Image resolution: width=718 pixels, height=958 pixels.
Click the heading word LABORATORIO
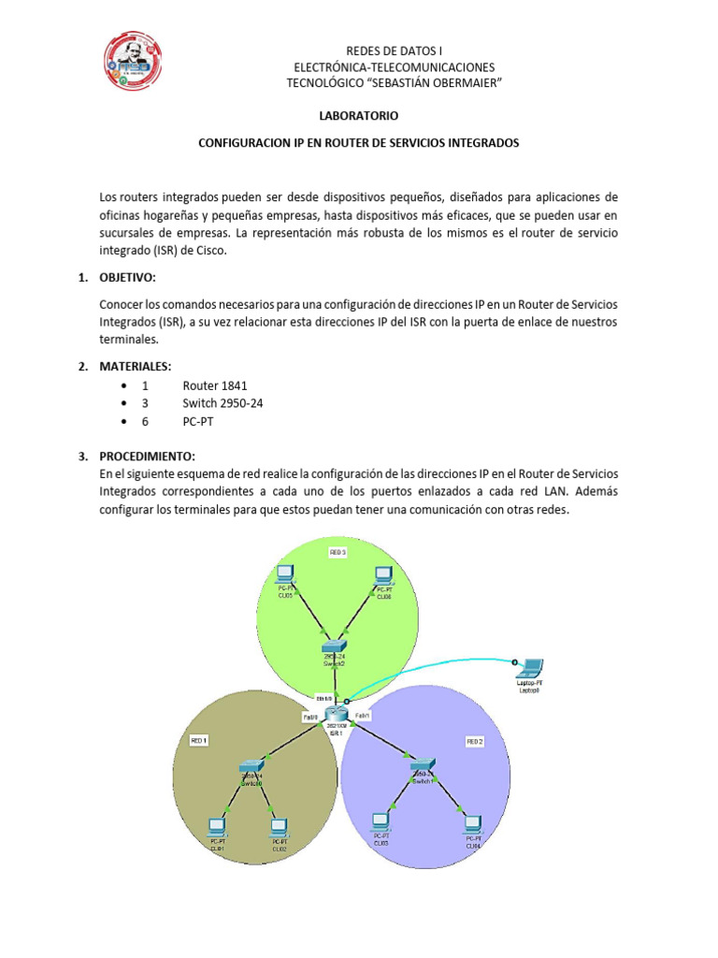click(x=359, y=117)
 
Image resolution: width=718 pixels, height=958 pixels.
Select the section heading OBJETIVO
click(x=128, y=278)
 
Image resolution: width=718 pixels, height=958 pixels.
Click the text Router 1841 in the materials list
click(x=215, y=385)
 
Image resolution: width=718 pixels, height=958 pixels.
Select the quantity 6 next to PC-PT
click(x=145, y=421)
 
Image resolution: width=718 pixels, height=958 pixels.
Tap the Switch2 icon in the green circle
click(x=334, y=646)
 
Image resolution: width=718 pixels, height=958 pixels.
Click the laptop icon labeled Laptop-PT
click(x=529, y=668)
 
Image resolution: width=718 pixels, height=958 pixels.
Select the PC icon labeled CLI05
click(x=285, y=573)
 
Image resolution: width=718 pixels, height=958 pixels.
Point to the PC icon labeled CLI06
click(x=383, y=573)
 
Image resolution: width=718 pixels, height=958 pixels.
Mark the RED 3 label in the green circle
click(x=338, y=553)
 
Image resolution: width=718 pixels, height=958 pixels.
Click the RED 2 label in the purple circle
click(x=475, y=741)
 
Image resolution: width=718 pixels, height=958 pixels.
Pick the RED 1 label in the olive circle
click(x=198, y=740)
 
